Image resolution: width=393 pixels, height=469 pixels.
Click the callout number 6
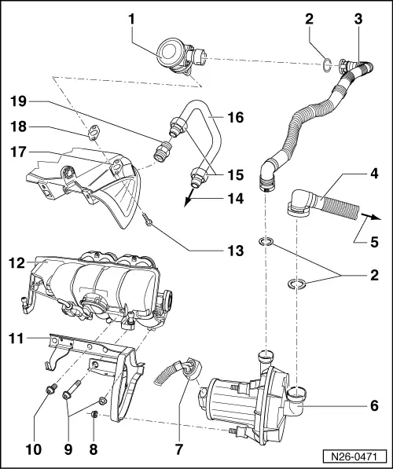point(374,406)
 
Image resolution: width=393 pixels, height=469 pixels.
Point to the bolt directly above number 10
point(51,388)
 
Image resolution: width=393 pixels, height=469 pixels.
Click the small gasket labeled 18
point(94,132)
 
